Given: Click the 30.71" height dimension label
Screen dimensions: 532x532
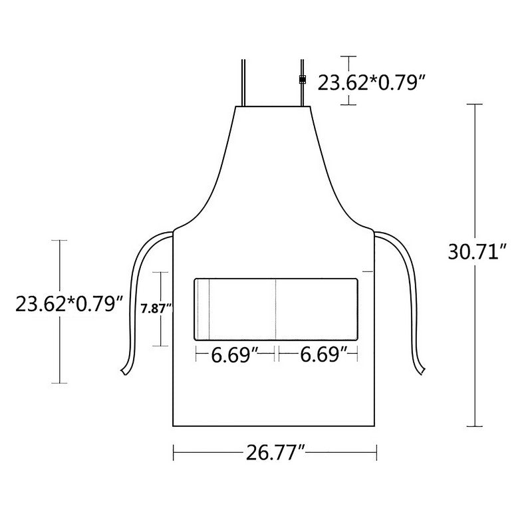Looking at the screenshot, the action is pyautogui.click(x=477, y=252).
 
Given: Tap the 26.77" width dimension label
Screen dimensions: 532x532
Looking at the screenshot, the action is pyautogui.click(x=275, y=452).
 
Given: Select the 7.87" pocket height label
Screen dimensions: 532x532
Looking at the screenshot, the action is pyautogui.click(x=157, y=309).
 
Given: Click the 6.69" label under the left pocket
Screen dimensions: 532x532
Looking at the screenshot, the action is pyautogui.click(x=235, y=355).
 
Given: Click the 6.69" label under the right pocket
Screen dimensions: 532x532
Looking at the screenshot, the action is pyautogui.click(x=325, y=355).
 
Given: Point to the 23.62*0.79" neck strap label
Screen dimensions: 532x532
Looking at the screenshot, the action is pyautogui.click(x=371, y=82).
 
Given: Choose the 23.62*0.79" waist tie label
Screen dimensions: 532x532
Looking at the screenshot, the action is pyautogui.click(x=69, y=304).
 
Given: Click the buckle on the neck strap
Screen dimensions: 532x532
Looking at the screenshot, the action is pyautogui.click(x=302, y=80).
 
